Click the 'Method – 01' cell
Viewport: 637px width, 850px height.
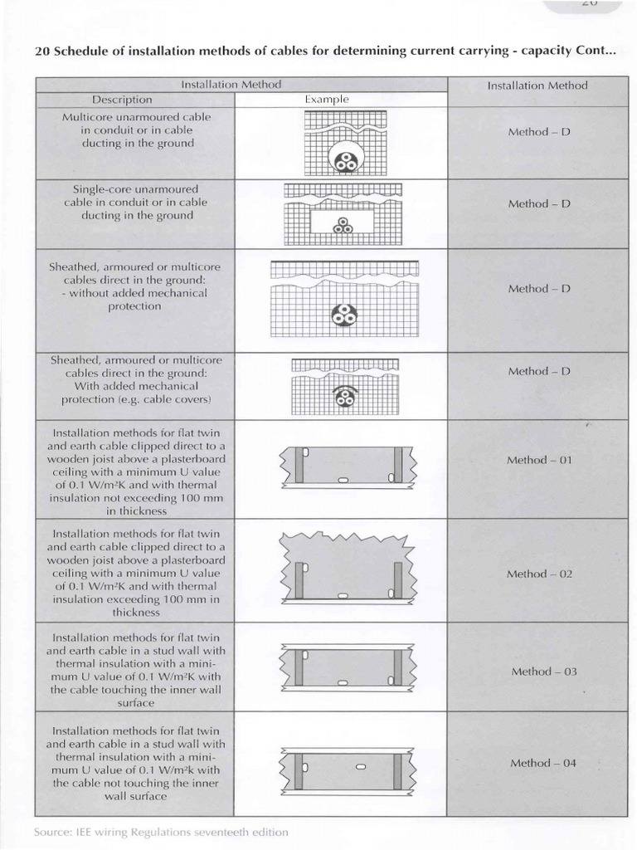tap(540, 460)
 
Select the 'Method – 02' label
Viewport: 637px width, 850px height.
tap(540, 574)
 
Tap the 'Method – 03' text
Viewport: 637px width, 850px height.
tap(543, 672)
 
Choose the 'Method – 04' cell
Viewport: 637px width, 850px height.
tap(542, 764)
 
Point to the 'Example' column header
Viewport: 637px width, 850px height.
tap(327, 100)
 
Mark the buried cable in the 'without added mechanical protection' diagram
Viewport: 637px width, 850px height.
tap(343, 315)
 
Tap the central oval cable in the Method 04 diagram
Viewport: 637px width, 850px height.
tap(360, 768)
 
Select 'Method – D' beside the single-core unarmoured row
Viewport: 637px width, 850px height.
tap(539, 203)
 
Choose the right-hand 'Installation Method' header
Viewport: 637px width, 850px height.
tap(537, 85)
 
